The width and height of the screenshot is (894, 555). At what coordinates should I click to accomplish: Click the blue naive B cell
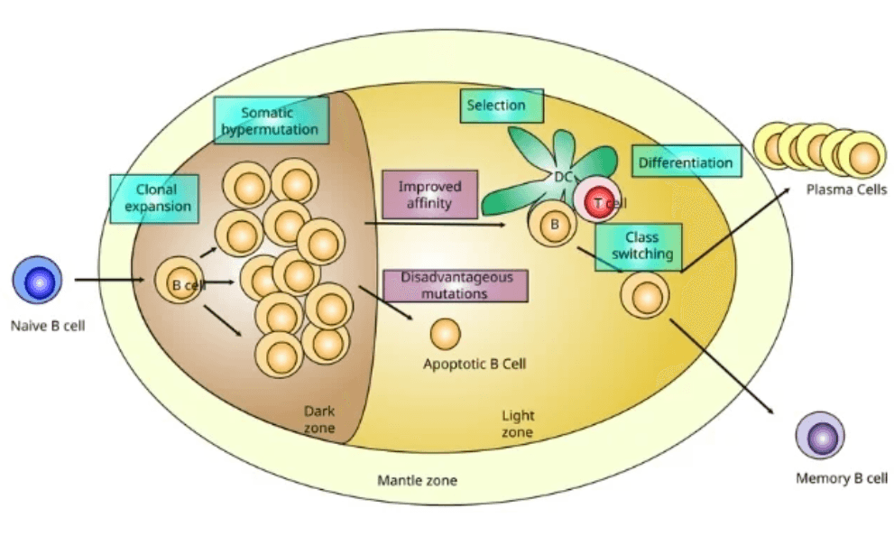coord(37,280)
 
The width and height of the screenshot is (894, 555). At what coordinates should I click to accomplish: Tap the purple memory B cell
coord(820,435)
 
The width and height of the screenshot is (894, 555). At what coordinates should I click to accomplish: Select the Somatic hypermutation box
coord(272,120)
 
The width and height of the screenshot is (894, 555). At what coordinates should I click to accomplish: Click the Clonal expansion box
coord(154,198)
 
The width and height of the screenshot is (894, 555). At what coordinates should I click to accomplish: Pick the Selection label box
coord(502,106)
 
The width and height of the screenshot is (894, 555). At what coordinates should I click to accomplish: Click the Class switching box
coord(639,246)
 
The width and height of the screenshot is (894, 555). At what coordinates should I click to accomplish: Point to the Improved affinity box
coord(430,195)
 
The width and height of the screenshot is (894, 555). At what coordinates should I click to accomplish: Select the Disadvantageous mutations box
coord(456,285)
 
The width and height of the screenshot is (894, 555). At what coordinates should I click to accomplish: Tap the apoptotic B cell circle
coord(446,334)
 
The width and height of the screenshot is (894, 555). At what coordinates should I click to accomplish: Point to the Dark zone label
coord(319,420)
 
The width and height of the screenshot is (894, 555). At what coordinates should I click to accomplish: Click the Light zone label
coord(518,423)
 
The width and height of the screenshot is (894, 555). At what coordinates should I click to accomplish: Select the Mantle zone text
coord(418,480)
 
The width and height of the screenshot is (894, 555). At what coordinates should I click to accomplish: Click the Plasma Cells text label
coord(846,190)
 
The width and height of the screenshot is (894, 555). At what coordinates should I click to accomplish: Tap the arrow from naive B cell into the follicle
coord(109,280)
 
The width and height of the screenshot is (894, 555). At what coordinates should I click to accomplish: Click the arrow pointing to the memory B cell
coord(722,366)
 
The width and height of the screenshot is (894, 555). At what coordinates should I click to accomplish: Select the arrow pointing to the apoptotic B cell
coord(386,303)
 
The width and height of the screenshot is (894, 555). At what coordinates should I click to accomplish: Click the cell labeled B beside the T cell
coord(553,224)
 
